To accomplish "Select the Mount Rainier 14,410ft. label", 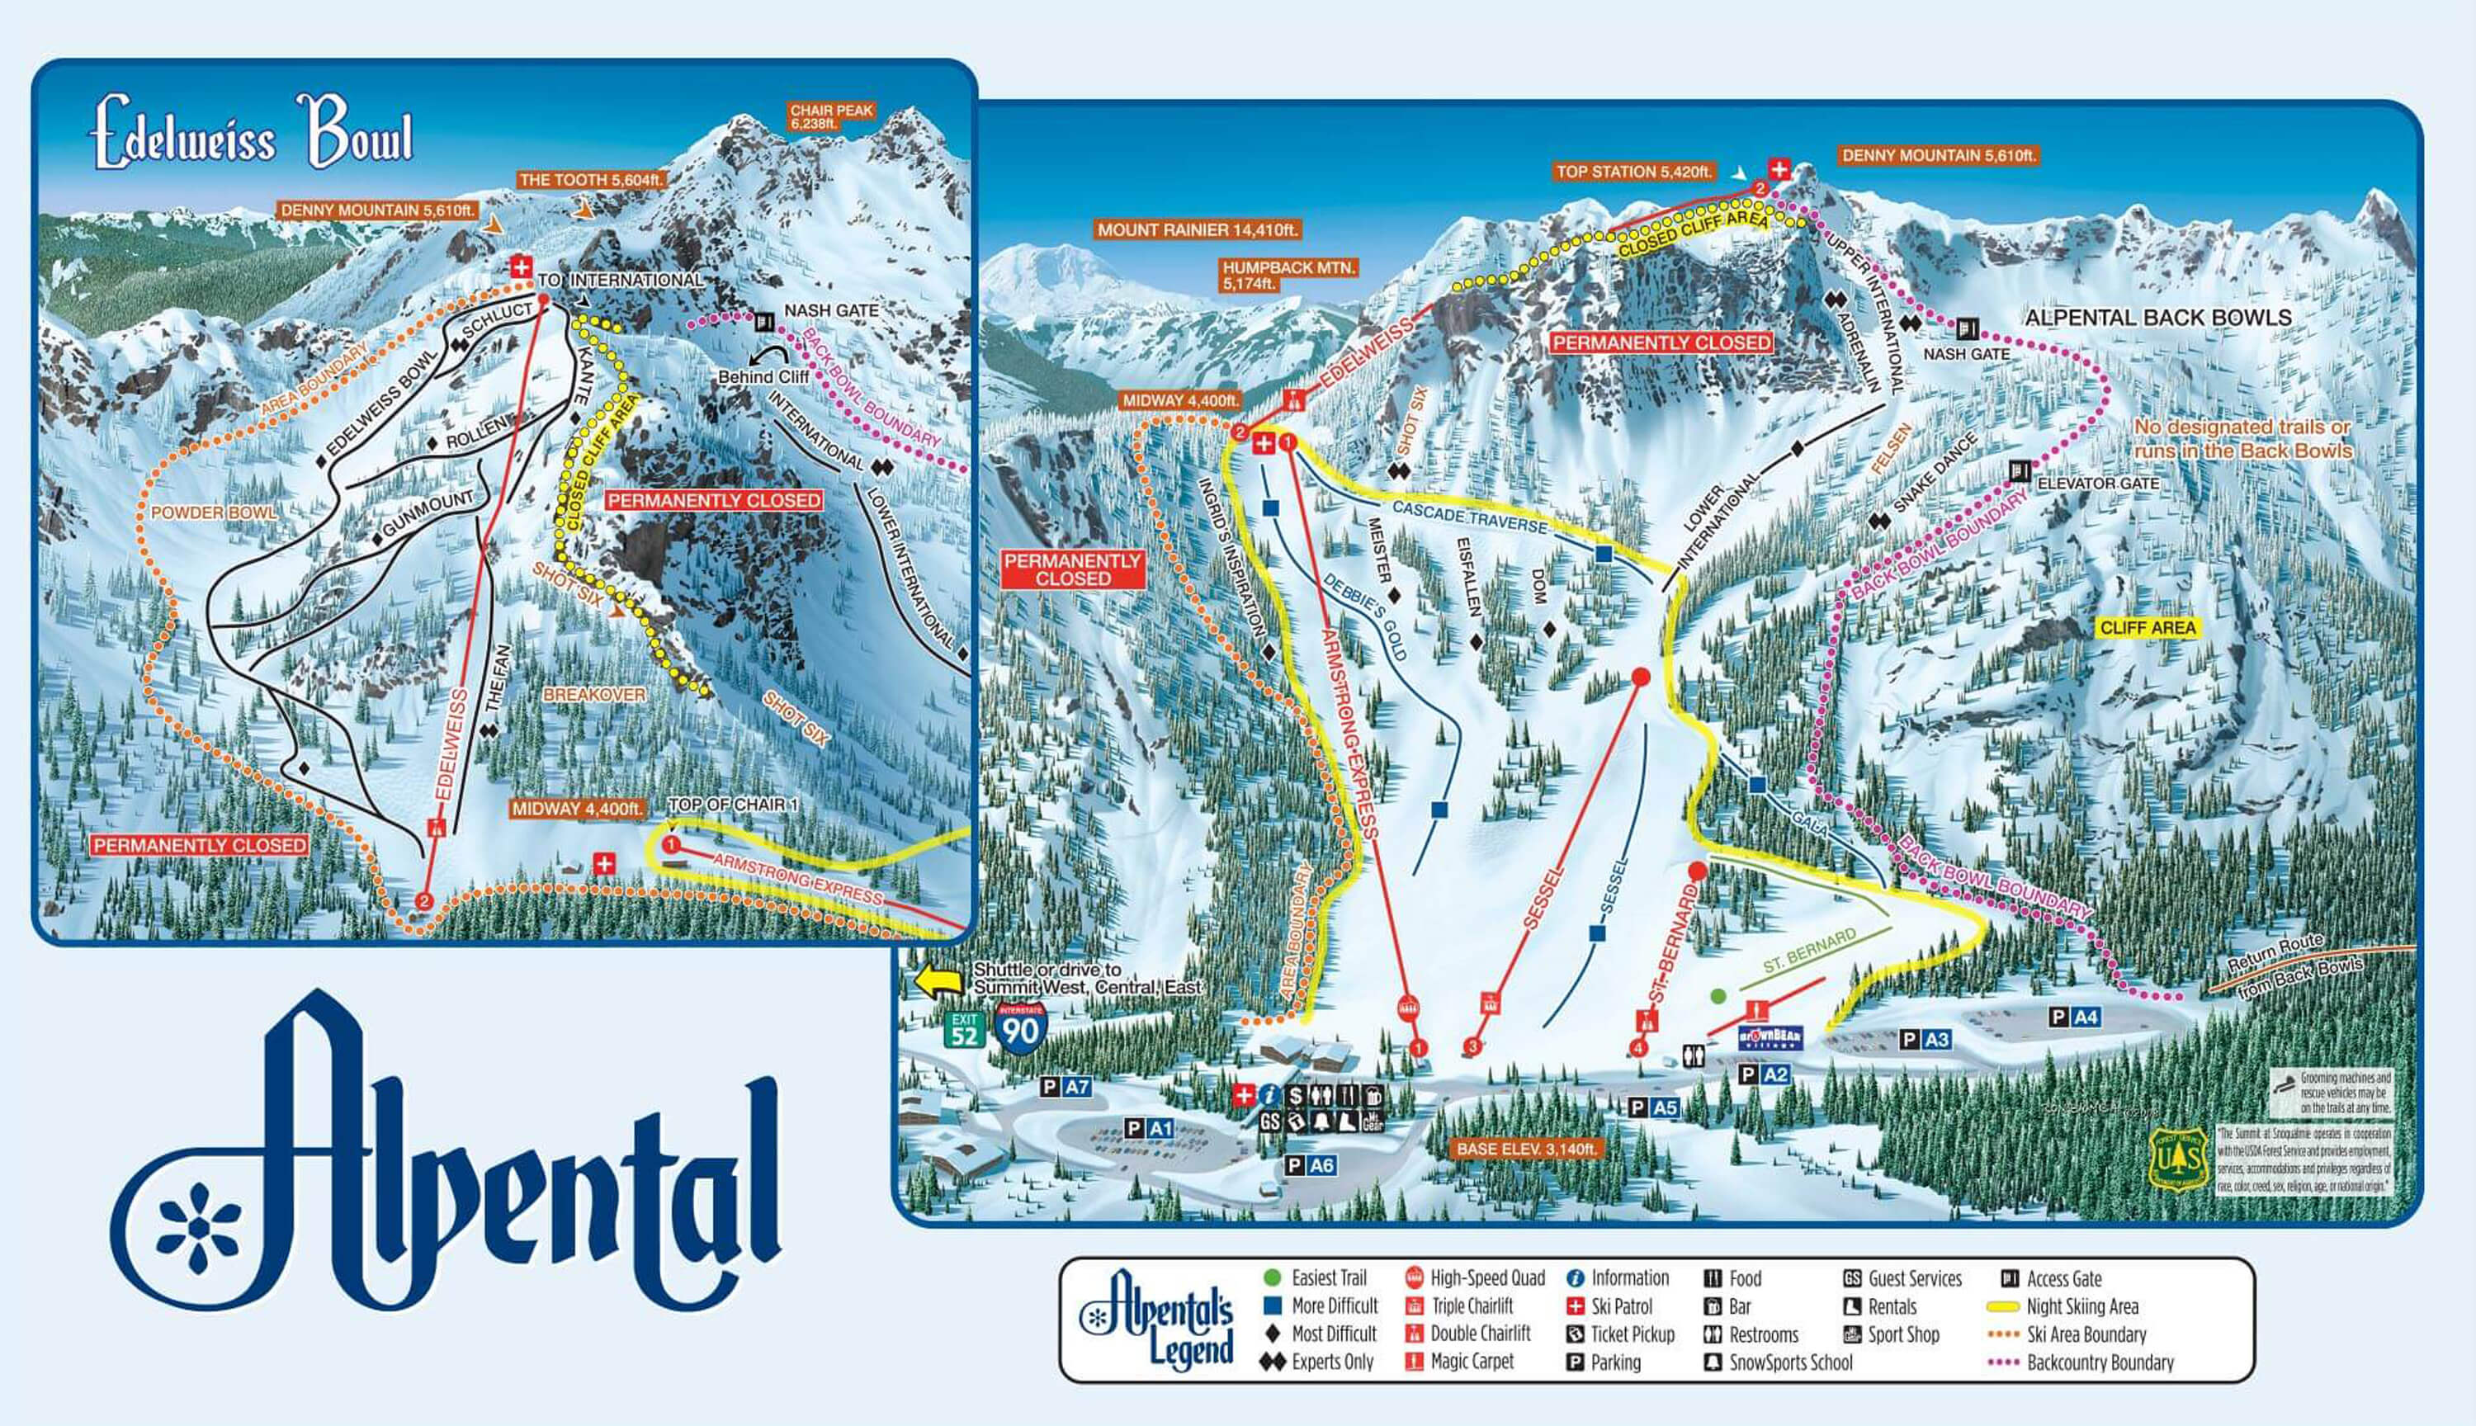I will pos(1197,230).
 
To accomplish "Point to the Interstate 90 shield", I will pos(1021,1027).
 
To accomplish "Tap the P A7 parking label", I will pos(1066,1086).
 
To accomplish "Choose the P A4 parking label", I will pos(2074,1018).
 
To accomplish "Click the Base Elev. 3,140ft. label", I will pos(1526,1149).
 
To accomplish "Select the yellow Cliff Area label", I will pos(2147,628).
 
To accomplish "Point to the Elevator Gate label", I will pos(2097,484).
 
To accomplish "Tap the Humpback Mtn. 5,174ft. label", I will pos(1288,275).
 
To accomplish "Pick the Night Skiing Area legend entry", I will pos(2081,1306).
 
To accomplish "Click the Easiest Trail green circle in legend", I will pos(1273,1277).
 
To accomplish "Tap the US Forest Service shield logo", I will pos(2177,1159).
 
